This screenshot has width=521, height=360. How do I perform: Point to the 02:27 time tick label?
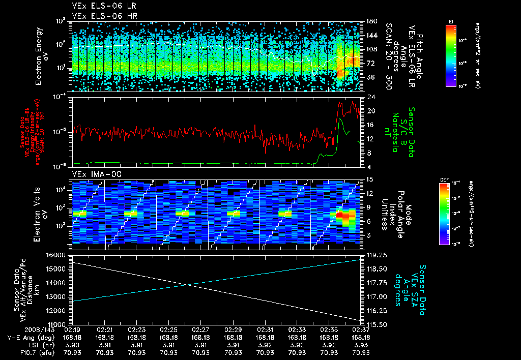click(200, 329)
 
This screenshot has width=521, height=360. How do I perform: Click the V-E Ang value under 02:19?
click(73, 337)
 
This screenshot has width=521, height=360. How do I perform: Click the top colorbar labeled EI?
click(451, 54)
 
